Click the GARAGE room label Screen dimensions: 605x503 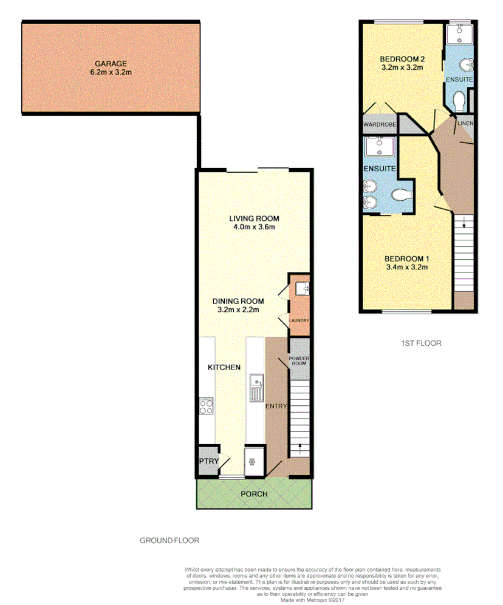(110, 63)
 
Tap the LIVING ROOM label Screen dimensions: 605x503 (253, 218)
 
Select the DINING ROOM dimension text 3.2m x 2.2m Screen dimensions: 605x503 (238, 310)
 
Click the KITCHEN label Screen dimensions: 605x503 (224, 367)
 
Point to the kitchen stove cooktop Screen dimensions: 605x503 (207, 406)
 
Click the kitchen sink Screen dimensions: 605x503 (256, 388)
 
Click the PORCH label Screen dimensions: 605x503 (254, 493)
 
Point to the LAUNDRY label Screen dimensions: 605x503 (299, 320)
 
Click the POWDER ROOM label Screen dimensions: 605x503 (299, 362)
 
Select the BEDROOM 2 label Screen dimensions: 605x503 (402, 59)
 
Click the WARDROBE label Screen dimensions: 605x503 (380, 125)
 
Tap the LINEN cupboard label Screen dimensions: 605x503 (465, 123)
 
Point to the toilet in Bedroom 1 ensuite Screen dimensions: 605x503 (401, 195)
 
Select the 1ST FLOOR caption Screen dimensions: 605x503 (421, 343)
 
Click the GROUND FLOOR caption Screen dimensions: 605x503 (169, 540)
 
